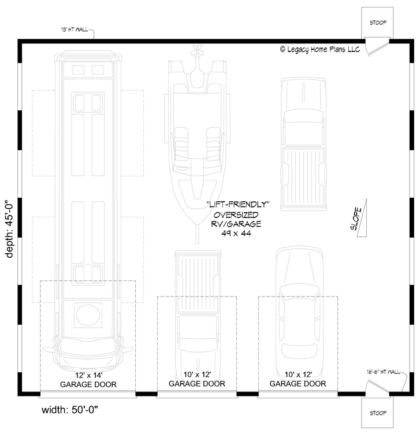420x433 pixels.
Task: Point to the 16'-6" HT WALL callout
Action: pyautogui.click(x=383, y=372)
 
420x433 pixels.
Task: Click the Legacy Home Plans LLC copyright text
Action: pyautogui.click(x=319, y=50)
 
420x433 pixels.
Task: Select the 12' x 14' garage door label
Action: pyautogui.click(x=88, y=379)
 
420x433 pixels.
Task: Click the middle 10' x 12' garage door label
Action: pyautogui.click(x=196, y=379)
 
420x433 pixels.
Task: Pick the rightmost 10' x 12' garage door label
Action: pyautogui.click(x=298, y=379)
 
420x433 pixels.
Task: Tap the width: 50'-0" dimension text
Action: pyautogui.click(x=72, y=411)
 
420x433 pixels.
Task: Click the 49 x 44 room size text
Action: pyautogui.click(x=239, y=233)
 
